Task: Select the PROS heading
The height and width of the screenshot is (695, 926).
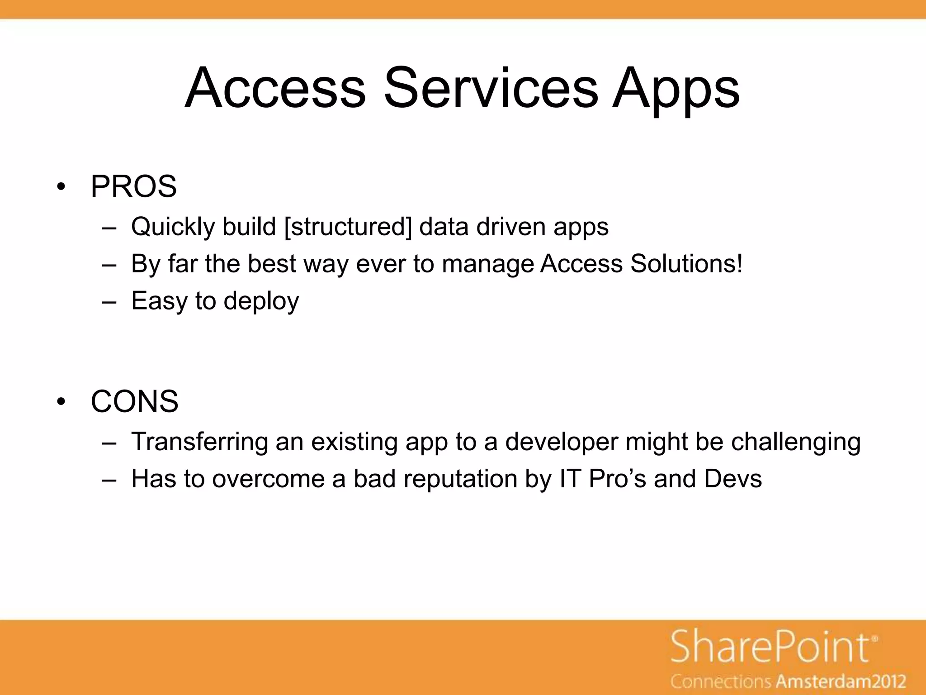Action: (x=133, y=186)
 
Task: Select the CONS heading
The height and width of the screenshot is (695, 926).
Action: (x=134, y=401)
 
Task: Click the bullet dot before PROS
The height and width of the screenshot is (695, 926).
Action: (x=62, y=187)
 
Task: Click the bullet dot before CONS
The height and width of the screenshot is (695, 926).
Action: (x=62, y=402)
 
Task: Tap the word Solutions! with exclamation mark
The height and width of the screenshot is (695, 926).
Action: (x=686, y=264)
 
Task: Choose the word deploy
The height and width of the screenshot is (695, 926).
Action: (x=261, y=301)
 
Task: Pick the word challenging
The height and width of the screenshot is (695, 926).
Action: (x=796, y=443)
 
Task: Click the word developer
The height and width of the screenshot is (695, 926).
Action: (x=561, y=443)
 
